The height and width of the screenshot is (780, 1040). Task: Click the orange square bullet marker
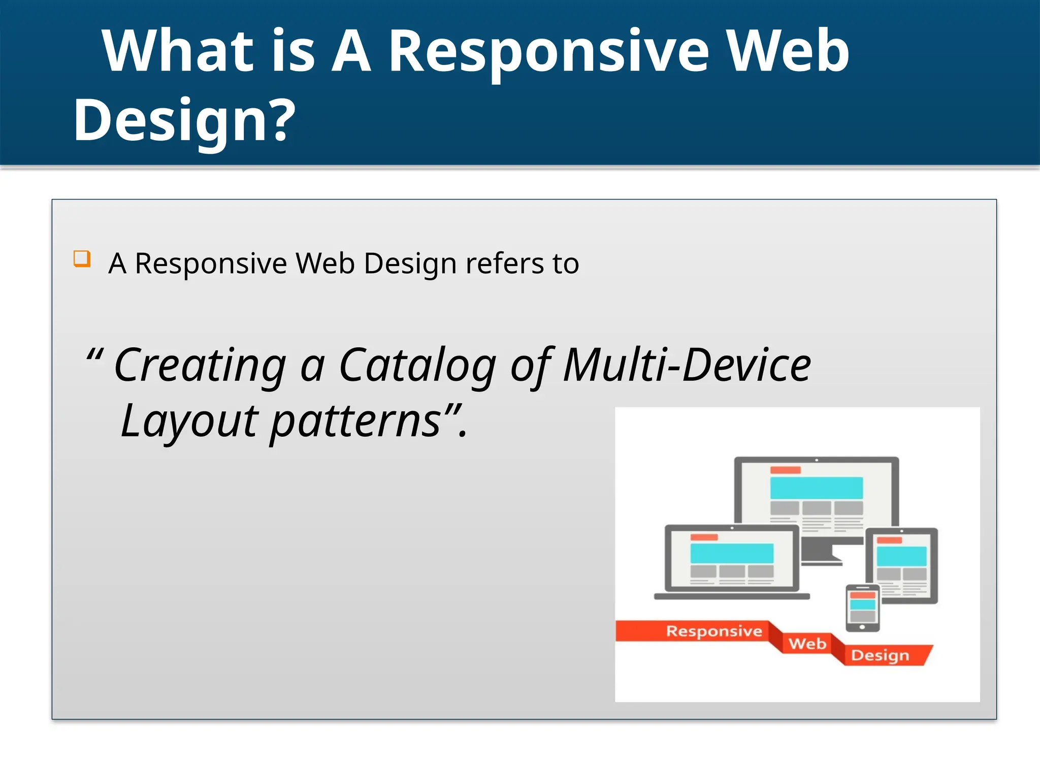click(x=82, y=258)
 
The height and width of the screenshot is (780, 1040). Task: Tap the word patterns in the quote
click(x=355, y=421)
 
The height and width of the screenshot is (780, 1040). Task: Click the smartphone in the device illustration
click(x=862, y=608)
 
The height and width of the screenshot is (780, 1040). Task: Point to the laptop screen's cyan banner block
click(x=732, y=553)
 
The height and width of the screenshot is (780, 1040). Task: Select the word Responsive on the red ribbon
click(x=713, y=631)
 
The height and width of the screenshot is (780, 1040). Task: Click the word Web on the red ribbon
click(x=807, y=644)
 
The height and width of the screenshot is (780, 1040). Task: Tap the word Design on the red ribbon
click(x=880, y=655)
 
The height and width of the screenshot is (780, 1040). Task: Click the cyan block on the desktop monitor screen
click(x=816, y=487)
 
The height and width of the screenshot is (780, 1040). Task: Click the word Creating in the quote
click(x=200, y=366)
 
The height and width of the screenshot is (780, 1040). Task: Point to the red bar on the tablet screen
click(x=889, y=540)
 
